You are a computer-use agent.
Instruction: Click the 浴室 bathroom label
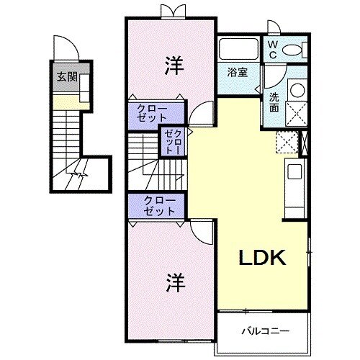point(238,72)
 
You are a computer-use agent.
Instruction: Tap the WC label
point(274,49)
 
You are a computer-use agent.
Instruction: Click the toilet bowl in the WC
point(295,50)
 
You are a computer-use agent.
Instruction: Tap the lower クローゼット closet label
point(159,205)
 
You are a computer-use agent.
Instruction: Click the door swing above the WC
point(274,27)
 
